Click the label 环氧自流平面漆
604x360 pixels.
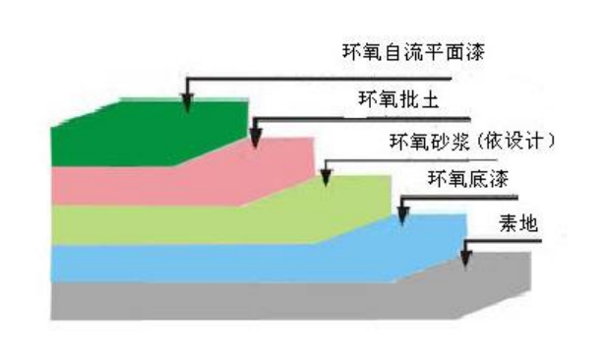pyautogui.click(x=413, y=52)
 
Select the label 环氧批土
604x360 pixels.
pyautogui.click(x=398, y=99)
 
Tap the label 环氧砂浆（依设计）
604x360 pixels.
pyautogui.click(x=472, y=141)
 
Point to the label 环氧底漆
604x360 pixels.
pyautogui.click(x=468, y=179)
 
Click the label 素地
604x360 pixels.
pyautogui.click(x=518, y=223)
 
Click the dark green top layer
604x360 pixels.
pyautogui.click(x=147, y=133)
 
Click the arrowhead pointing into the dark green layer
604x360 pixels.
pyautogui.click(x=187, y=103)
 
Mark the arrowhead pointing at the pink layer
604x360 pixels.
pyautogui.click(x=255, y=139)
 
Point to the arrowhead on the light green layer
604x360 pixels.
pyautogui.click(x=326, y=177)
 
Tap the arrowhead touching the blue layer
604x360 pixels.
pyautogui.click(x=403, y=215)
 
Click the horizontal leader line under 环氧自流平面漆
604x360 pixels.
pyautogui.click(x=319, y=79)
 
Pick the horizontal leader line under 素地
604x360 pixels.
pyautogui.click(x=503, y=241)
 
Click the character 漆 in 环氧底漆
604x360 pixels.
pyautogui.click(x=499, y=179)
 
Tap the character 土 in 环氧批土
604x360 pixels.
pyautogui.click(x=430, y=99)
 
